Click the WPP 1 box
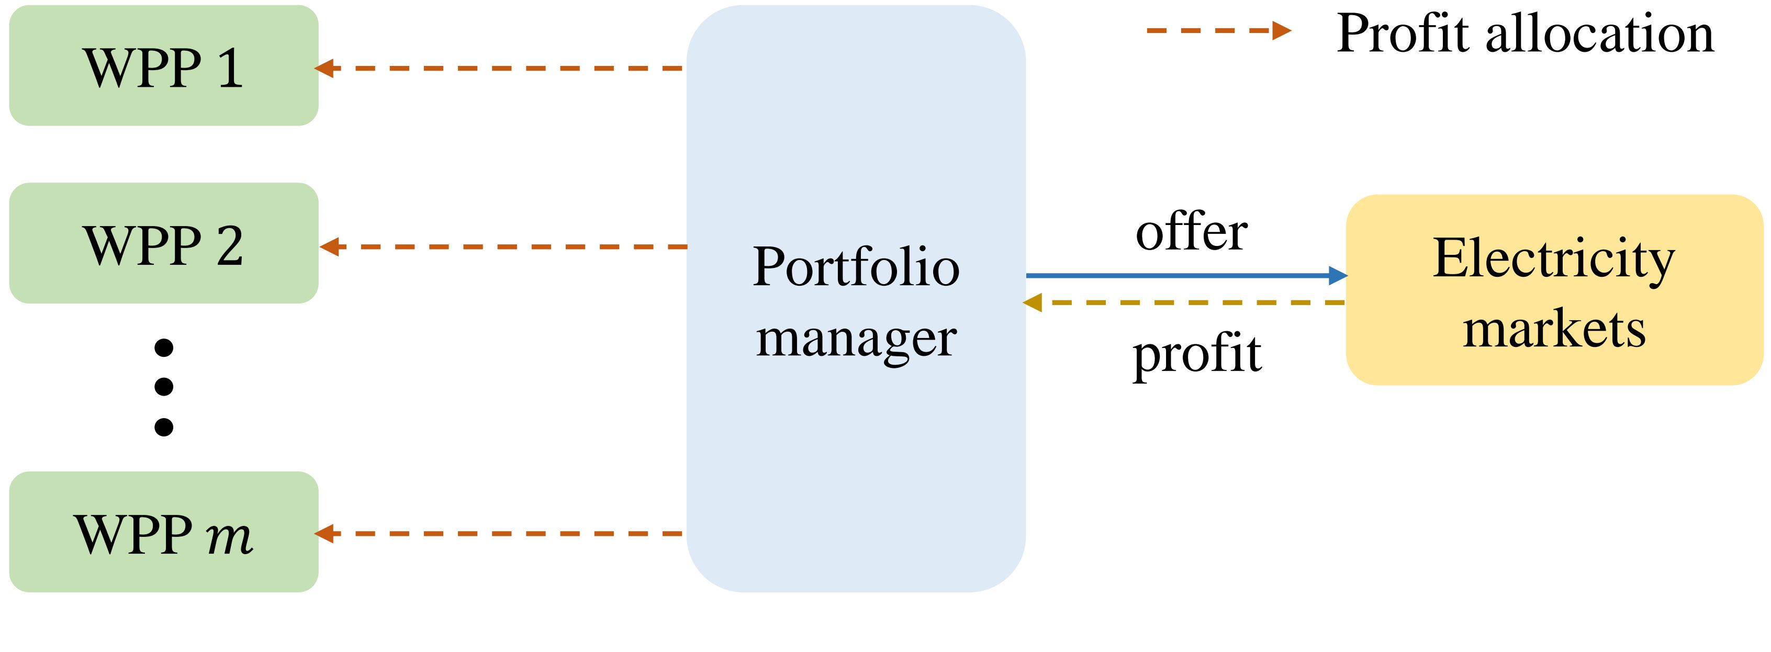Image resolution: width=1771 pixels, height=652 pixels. (164, 65)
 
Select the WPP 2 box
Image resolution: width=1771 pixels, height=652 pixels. (164, 243)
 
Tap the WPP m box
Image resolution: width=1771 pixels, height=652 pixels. (164, 532)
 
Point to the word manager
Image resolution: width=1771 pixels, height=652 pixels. (856, 340)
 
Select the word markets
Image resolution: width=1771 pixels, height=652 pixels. (1554, 330)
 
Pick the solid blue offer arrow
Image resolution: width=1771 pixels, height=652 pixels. (1186, 276)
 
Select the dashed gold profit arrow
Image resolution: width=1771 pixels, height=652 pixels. (1184, 302)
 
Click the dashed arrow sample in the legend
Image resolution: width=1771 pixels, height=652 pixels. (1219, 30)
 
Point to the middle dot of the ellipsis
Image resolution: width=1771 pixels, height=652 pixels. (164, 387)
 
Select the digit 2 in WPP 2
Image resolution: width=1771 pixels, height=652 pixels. (230, 245)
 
